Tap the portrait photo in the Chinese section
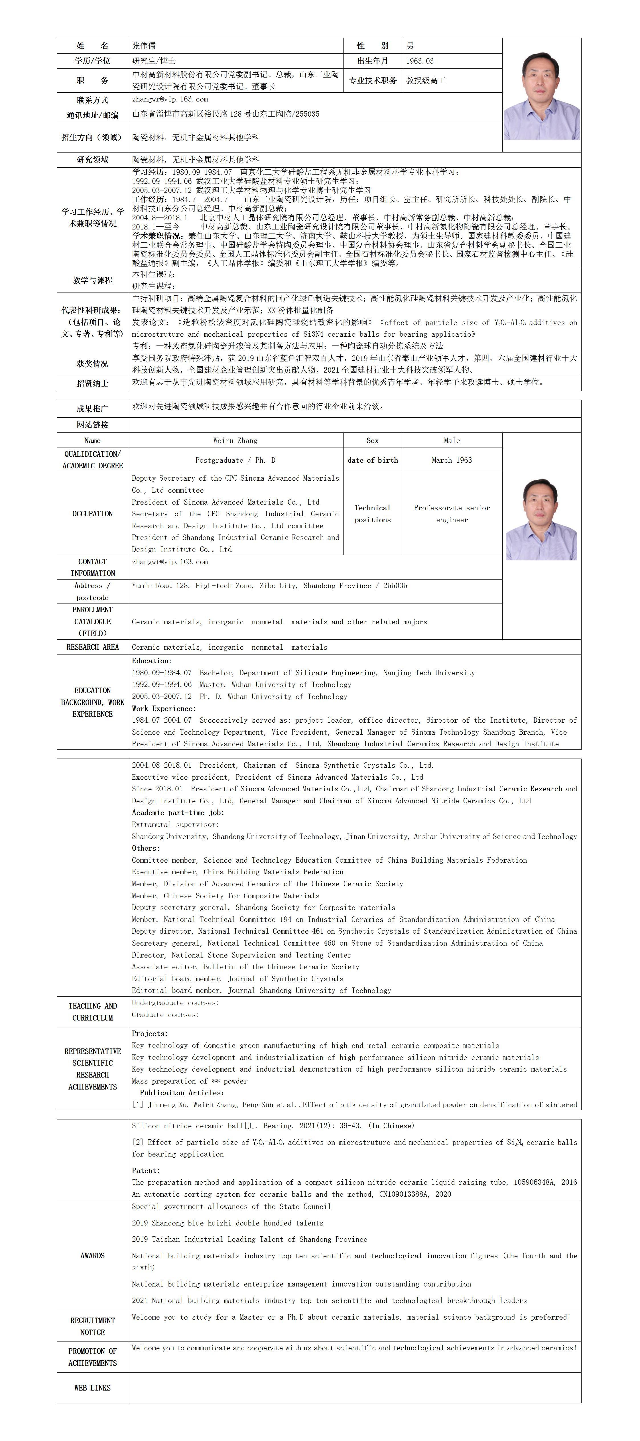pos(542,96)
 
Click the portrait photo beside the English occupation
pos(542,519)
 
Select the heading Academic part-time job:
pos(178,813)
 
